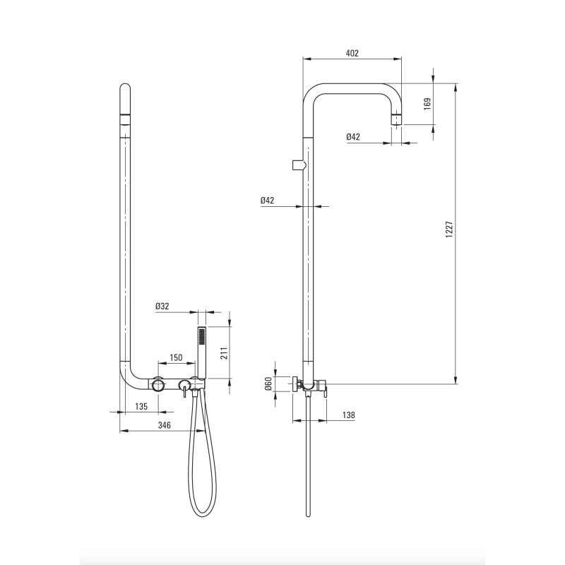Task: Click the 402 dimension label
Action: click(x=352, y=54)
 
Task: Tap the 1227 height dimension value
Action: click(x=449, y=229)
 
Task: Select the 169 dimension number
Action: click(x=427, y=104)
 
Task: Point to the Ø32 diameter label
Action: click(x=162, y=307)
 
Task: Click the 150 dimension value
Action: click(x=176, y=357)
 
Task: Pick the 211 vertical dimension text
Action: click(x=224, y=352)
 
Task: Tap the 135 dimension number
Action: click(x=141, y=407)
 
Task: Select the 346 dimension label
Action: click(x=165, y=425)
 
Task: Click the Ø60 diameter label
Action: click(x=268, y=383)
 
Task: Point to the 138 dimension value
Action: click(x=348, y=415)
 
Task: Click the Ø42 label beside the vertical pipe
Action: click(x=268, y=201)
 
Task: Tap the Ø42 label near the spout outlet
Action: click(x=353, y=137)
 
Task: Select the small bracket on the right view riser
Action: click(x=299, y=165)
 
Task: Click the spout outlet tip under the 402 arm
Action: click(x=396, y=120)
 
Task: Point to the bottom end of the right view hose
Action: click(x=308, y=515)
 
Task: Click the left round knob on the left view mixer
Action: click(x=158, y=385)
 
